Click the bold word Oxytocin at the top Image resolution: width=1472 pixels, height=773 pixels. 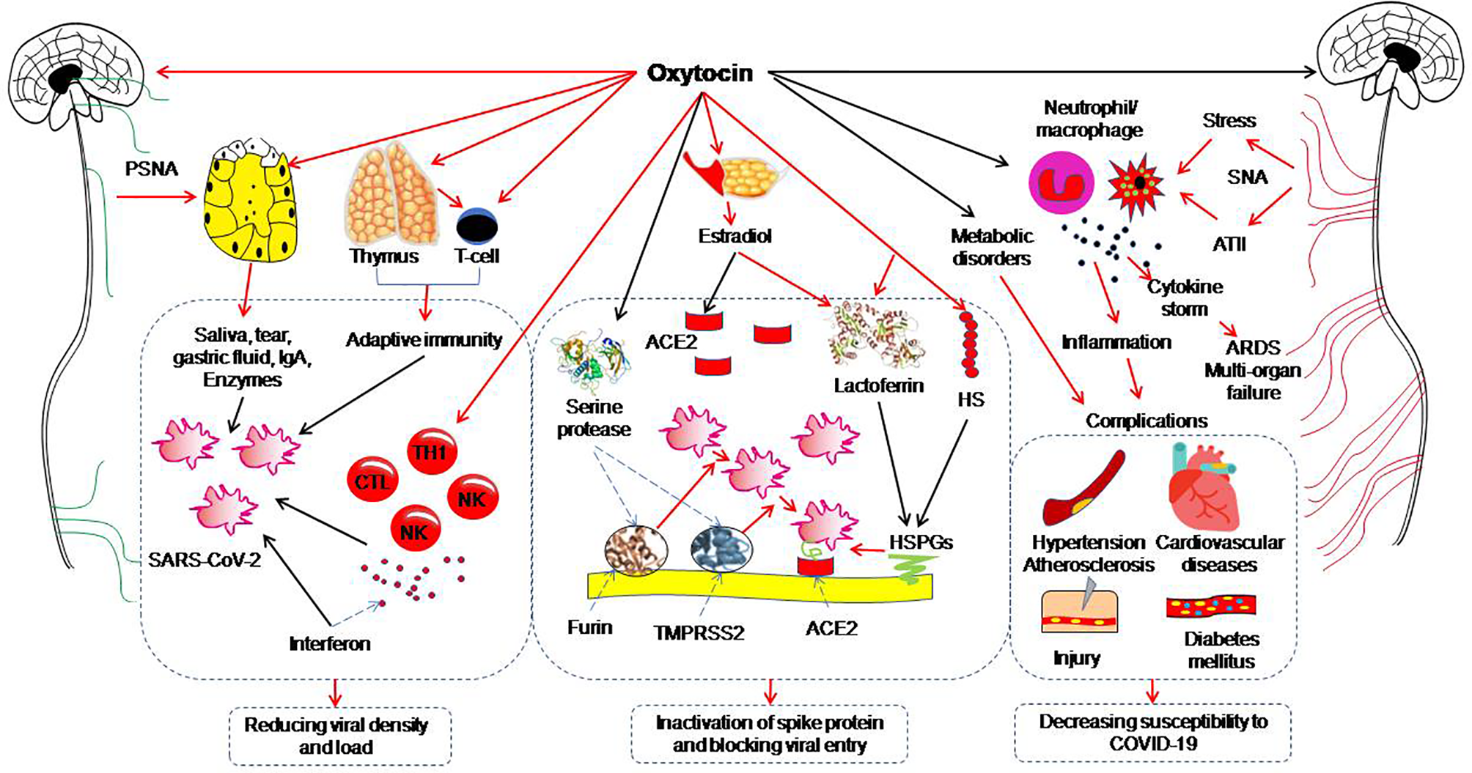click(x=699, y=73)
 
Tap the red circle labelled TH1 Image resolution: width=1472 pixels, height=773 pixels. click(x=431, y=452)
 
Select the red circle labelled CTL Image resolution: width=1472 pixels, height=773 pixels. click(x=372, y=481)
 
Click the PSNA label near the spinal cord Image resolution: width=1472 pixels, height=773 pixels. click(x=151, y=169)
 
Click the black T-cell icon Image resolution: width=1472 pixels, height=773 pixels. click(x=477, y=226)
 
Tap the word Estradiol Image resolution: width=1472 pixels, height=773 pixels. click(x=735, y=236)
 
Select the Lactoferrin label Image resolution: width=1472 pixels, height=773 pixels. click(x=878, y=385)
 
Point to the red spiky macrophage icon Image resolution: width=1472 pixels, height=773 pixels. click(x=1136, y=184)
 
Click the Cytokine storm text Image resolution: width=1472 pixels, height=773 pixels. click(x=1185, y=297)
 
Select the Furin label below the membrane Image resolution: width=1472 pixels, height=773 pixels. click(x=589, y=627)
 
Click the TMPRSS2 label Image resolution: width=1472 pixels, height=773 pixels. click(x=698, y=632)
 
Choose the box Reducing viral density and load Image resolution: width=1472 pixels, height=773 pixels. click(x=336, y=736)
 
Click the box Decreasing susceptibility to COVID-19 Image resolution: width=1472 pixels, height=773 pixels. click(x=1152, y=733)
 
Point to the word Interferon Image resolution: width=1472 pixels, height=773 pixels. click(x=329, y=644)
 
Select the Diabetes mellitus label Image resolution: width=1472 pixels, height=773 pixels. click(x=1221, y=649)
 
